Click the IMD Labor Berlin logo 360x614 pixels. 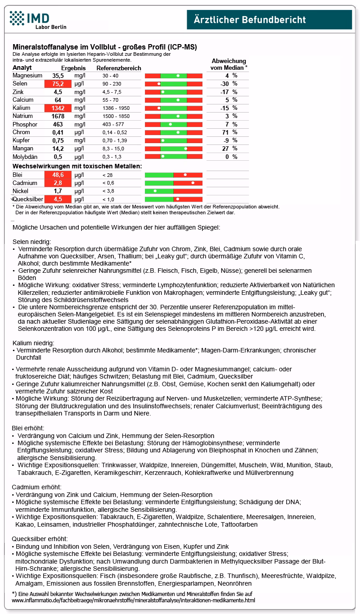[38, 20]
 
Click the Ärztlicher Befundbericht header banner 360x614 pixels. [269, 19]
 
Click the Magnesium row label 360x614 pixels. [27, 76]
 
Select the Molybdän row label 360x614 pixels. [25, 157]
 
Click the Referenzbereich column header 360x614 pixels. [119, 68]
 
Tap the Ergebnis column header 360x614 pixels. [73, 68]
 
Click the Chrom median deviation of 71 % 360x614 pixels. [228, 132]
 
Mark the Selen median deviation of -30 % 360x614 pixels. [226, 84]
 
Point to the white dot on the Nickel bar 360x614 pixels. [155, 191]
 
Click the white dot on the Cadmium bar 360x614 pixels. [193, 183]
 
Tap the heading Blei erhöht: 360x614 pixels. [28, 428]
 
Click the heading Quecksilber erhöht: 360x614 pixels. [40, 538]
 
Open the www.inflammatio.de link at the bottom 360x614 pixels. [133, 600]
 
